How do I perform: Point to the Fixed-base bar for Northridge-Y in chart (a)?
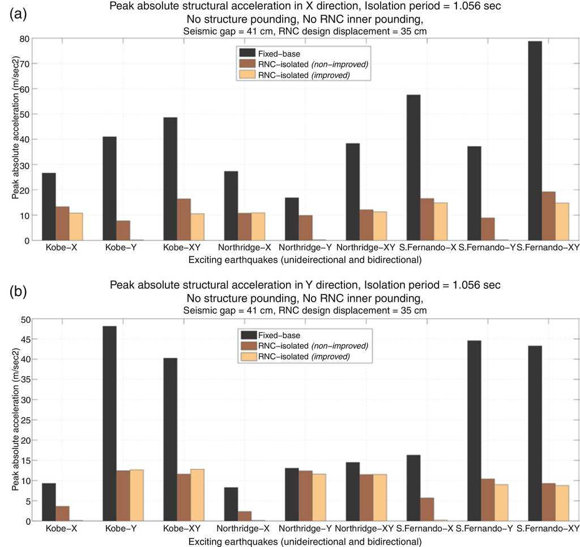pos(292,219)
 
